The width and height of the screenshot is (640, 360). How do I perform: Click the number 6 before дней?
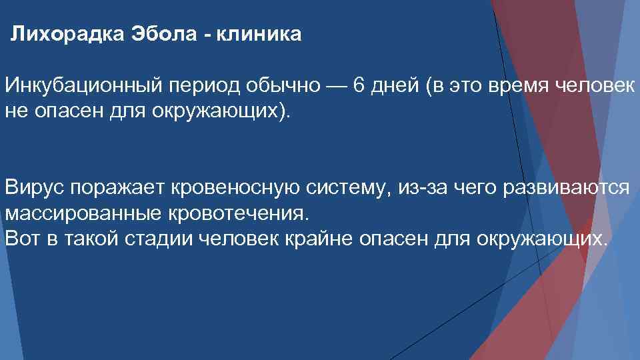click(x=359, y=87)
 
